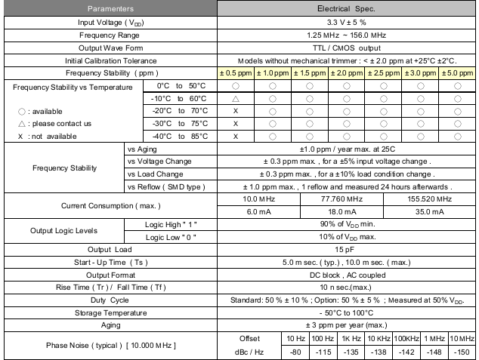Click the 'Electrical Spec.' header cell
pos(347,8)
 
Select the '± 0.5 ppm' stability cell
pos(235,72)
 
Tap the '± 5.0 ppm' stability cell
pos(458,72)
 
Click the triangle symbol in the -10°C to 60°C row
pos(236,98)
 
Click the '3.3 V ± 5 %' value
pos(347,22)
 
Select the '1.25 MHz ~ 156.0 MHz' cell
pos(347,35)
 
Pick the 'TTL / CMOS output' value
pos(347,48)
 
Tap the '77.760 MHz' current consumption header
pos(347,198)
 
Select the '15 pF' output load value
pos(347,250)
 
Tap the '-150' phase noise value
pos(462,351)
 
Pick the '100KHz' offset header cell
pos(406,338)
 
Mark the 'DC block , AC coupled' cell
pos(347,275)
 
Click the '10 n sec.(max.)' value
pos(347,288)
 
